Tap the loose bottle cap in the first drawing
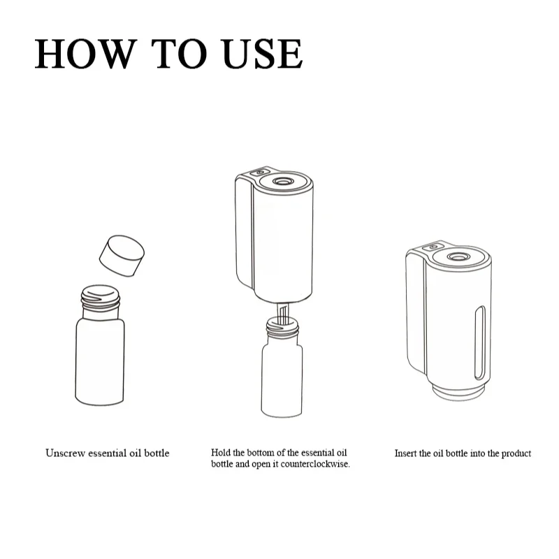(x=122, y=256)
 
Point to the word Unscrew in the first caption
(x=66, y=453)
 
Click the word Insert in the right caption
(x=405, y=453)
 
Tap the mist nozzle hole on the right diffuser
(x=458, y=256)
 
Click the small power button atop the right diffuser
(x=433, y=247)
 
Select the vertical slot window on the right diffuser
(x=480, y=343)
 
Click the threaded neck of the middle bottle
(x=282, y=327)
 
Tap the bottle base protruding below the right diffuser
(x=459, y=393)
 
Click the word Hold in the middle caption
(x=221, y=452)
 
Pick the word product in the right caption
(x=516, y=453)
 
